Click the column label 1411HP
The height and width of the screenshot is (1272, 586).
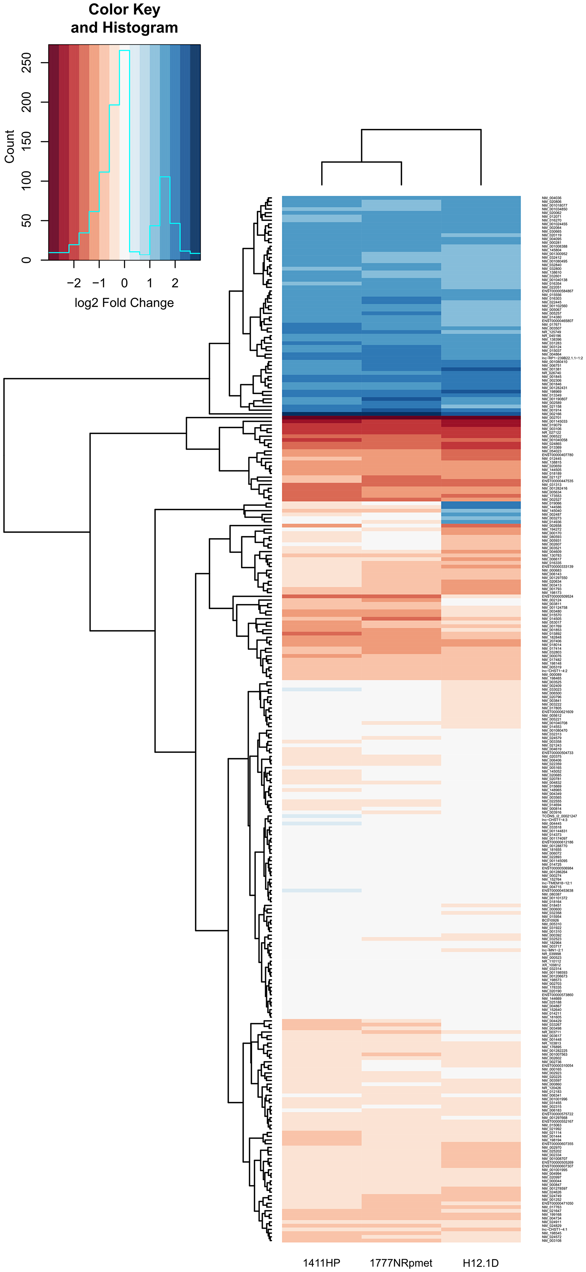click(321, 1263)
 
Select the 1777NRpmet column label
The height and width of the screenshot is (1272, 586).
click(401, 1263)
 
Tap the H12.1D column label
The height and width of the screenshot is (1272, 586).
click(480, 1263)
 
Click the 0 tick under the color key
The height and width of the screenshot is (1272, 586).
click(125, 283)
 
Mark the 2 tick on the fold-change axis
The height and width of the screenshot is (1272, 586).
click(175, 283)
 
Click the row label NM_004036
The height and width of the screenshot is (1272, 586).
click(551, 198)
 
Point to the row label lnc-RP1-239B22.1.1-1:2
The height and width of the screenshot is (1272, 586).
click(562, 358)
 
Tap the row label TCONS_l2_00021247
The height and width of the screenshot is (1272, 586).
click(559, 816)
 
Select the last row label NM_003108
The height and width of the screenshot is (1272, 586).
click(551, 1240)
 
